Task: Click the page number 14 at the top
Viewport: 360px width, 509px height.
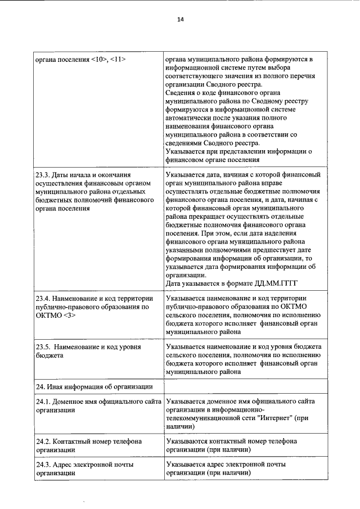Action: point(180,19)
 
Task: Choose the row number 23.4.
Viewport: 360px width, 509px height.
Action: point(43,298)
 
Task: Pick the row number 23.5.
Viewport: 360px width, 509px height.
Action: point(43,347)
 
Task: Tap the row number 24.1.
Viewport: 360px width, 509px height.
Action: point(43,402)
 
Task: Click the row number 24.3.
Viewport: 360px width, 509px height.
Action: point(43,465)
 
